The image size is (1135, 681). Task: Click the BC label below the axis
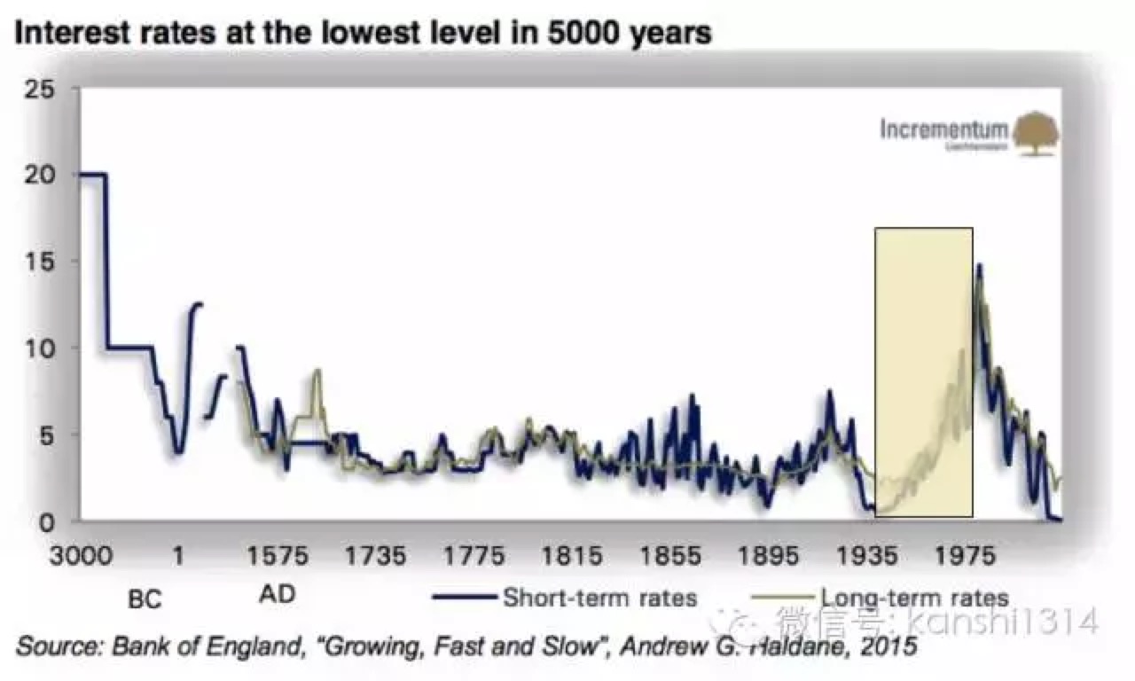pos(145,600)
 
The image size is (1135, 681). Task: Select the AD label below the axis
pos(277,592)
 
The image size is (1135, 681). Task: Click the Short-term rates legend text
pos(599,597)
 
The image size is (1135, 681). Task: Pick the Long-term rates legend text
pos(913,597)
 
